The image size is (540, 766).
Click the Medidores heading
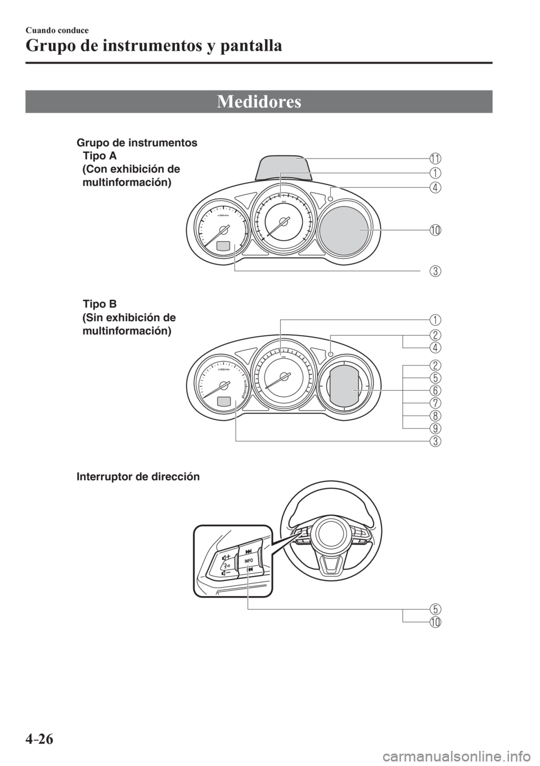click(x=259, y=102)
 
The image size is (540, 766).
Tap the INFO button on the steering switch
click(x=249, y=561)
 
